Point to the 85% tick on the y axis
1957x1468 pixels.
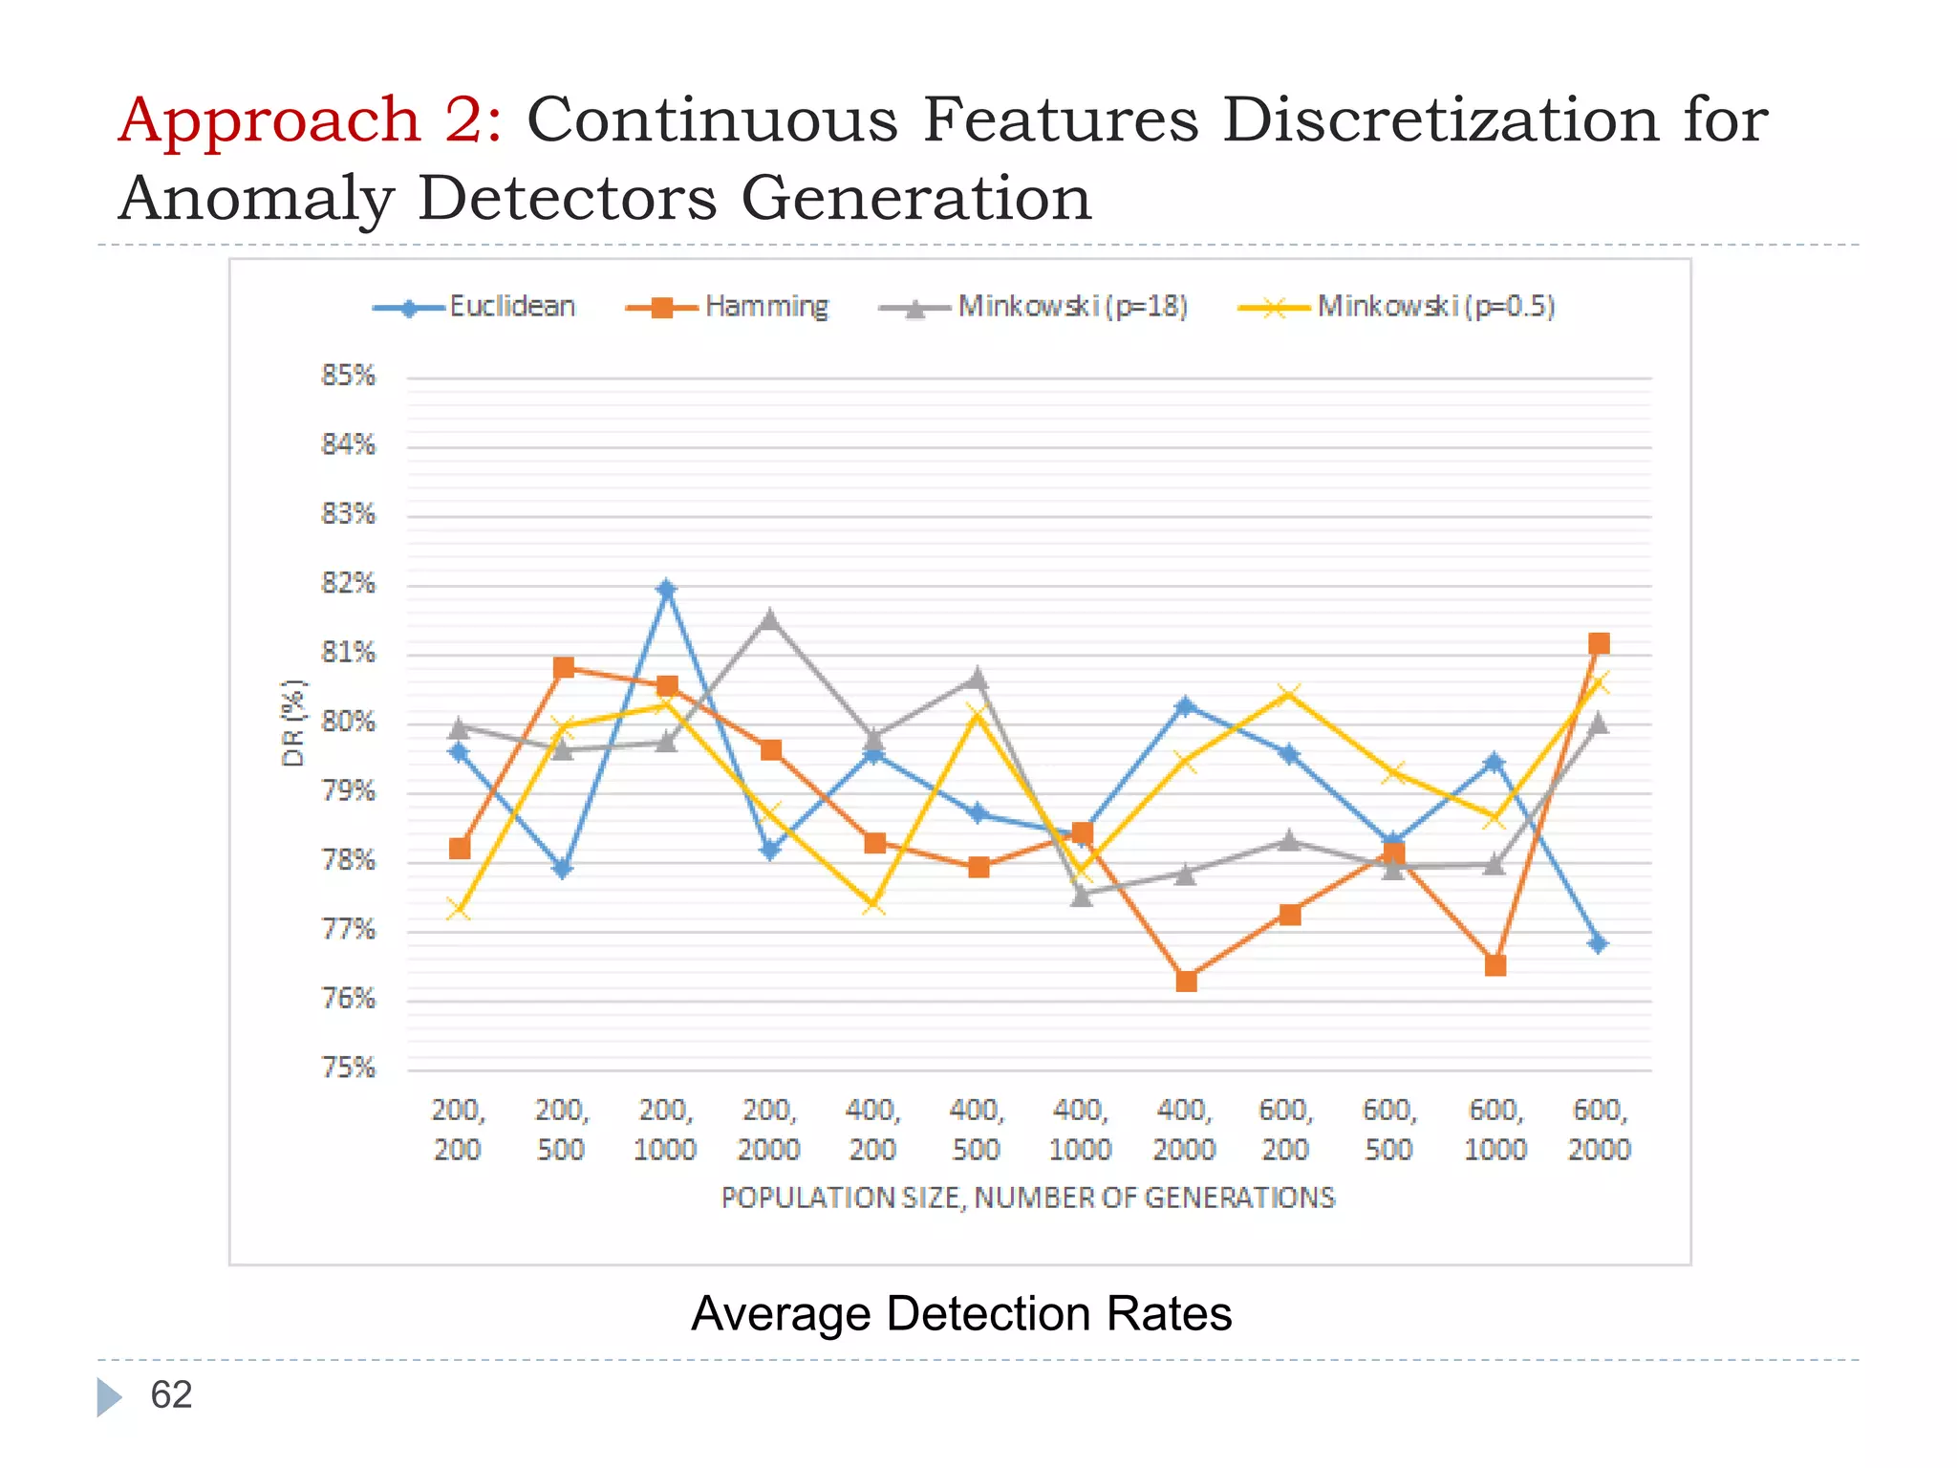[349, 376]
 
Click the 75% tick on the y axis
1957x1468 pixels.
[349, 1068]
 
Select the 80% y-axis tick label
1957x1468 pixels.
[349, 722]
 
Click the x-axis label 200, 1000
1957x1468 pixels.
[665, 1130]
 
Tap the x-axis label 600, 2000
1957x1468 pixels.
[1600, 1130]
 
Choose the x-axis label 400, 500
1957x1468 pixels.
[976, 1130]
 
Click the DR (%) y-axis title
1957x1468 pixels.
[293, 723]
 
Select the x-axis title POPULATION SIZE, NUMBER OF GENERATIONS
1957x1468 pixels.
[1027, 1198]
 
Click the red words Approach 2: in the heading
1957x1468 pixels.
[310, 120]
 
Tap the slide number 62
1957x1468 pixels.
[171, 1395]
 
